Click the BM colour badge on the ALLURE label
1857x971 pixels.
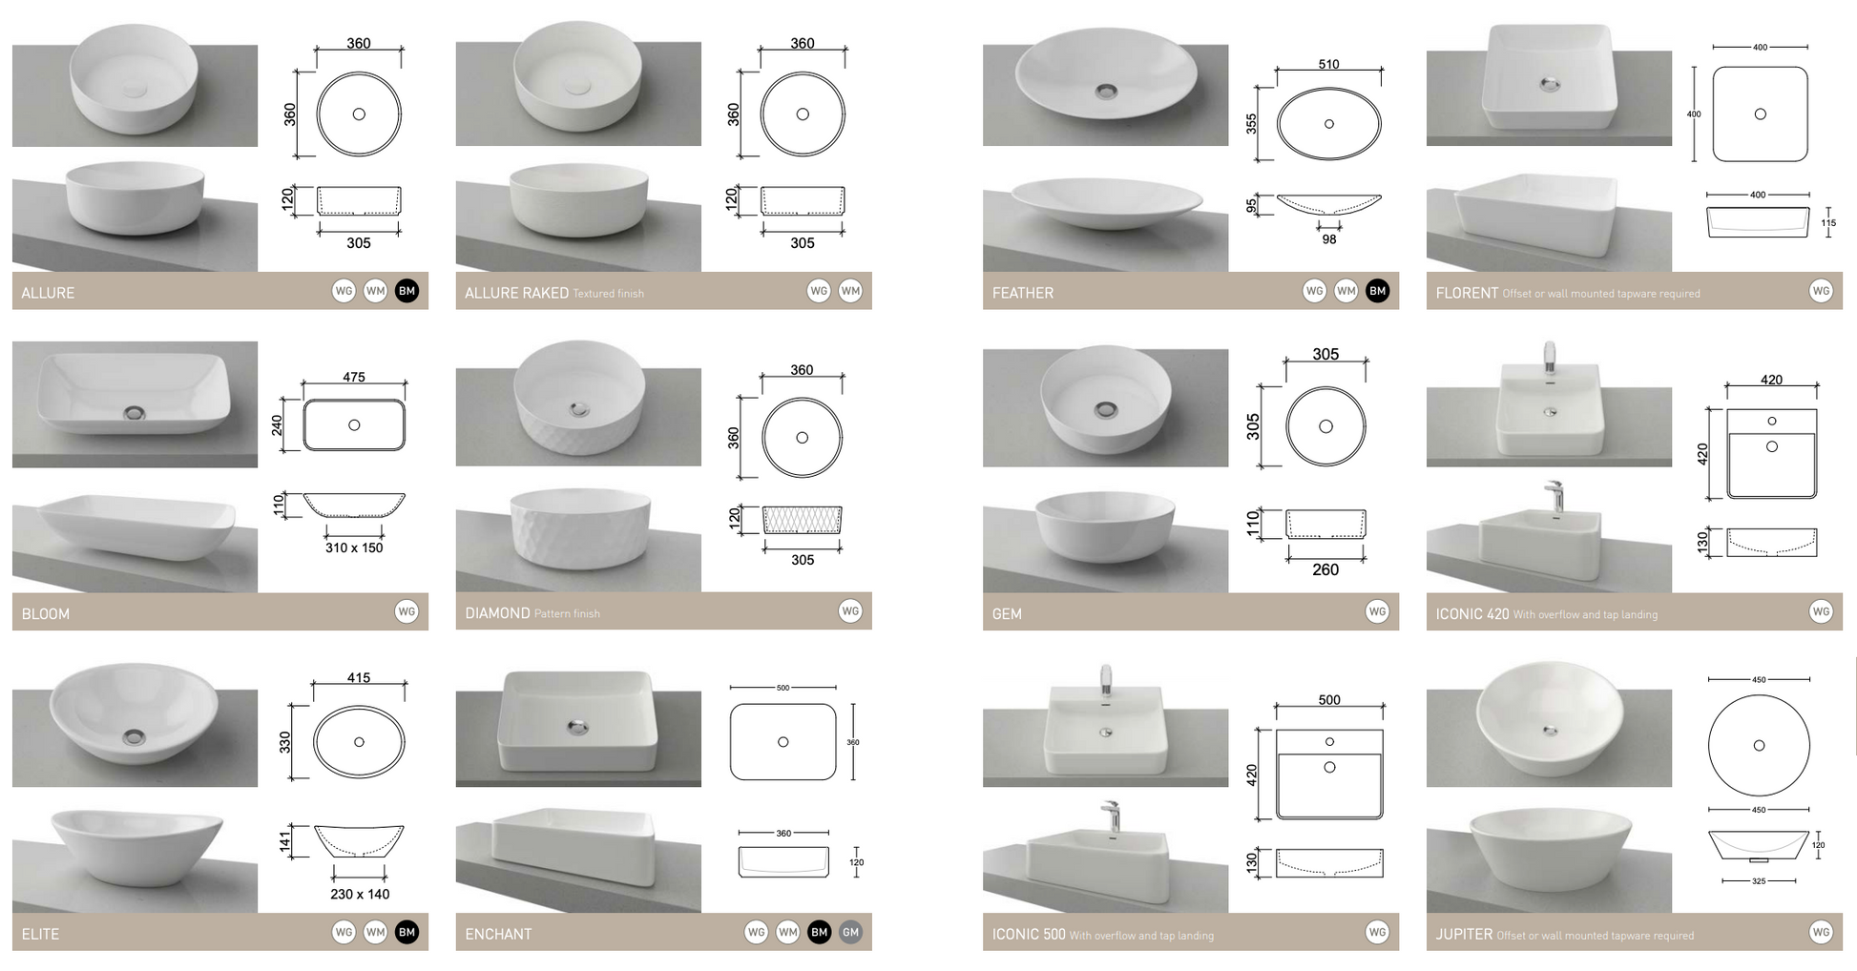407,291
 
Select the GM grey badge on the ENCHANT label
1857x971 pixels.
850,932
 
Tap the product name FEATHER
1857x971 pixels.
1022,293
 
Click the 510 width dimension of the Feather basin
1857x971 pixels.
1328,65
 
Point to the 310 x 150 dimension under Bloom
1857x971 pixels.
353,547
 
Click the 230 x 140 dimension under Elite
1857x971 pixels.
360,894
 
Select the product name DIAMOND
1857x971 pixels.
497,613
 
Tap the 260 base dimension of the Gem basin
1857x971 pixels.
1325,569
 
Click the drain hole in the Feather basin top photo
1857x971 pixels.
1106,92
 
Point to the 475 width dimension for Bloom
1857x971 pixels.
354,377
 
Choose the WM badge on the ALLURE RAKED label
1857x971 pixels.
850,291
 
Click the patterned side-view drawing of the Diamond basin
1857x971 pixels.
802,520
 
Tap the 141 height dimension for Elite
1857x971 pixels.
284,840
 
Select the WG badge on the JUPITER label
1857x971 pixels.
1820,932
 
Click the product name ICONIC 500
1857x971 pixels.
1028,934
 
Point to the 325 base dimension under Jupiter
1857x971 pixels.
1759,881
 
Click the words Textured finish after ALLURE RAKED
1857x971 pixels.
608,294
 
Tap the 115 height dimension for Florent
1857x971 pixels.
1827,223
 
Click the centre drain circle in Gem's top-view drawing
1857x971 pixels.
1325,426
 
